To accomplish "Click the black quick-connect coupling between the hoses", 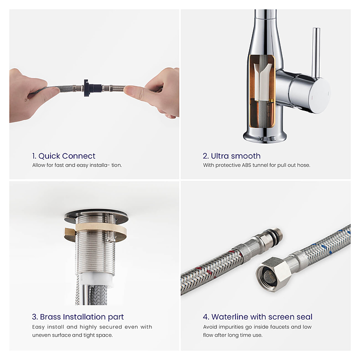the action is [x=92, y=88].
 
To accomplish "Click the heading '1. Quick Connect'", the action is [x=63, y=156].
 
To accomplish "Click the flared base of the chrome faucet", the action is [x=265, y=136].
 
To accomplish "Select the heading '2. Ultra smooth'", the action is [x=231, y=156].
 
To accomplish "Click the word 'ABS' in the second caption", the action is [x=246, y=165].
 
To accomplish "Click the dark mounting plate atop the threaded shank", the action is [x=96, y=216].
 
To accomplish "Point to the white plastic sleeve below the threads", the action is [x=96, y=279].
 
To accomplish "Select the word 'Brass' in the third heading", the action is [x=50, y=317].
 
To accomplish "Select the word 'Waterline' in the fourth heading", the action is [x=229, y=317].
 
